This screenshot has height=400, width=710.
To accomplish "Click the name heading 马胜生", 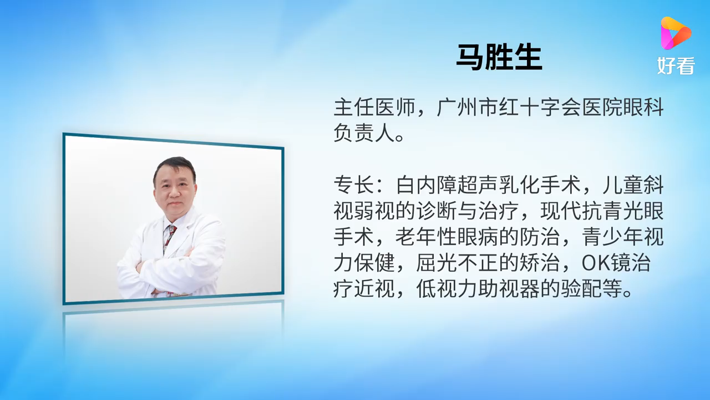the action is [499, 57].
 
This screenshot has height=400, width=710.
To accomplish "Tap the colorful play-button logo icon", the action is [675, 34].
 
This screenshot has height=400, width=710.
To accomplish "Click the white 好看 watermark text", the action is [676, 66].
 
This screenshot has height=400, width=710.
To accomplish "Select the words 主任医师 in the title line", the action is [374, 107].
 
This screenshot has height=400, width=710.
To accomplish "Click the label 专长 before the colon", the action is [354, 185].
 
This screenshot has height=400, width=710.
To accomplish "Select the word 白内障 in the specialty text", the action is [427, 185].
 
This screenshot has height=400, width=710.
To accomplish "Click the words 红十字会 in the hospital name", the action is [540, 107].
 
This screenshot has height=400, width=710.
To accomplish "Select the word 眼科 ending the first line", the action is [643, 107].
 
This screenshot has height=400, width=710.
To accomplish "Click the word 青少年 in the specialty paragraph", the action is [613, 237].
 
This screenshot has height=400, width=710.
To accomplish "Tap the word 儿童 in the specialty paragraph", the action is [623, 185].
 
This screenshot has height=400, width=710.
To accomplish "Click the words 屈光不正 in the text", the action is [457, 263].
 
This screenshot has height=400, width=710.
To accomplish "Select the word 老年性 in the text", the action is [427, 237].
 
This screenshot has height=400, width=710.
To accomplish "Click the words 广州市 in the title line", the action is [468, 107].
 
